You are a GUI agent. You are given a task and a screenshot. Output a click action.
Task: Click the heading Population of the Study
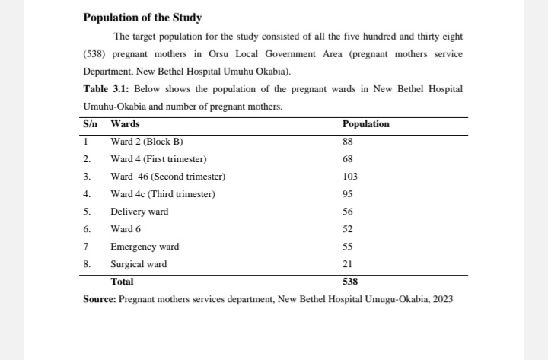click(142, 18)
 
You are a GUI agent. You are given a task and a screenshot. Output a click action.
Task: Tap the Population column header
click(365, 124)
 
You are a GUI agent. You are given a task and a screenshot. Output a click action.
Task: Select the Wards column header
click(125, 124)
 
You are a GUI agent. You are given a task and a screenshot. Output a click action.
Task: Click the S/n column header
click(91, 124)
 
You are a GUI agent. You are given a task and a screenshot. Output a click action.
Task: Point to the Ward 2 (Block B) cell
click(147, 142)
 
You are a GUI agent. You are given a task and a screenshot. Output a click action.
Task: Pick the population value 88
click(348, 142)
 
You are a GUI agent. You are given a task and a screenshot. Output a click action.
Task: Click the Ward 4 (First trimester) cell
click(158, 159)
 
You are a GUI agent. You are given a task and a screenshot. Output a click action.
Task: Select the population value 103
click(350, 177)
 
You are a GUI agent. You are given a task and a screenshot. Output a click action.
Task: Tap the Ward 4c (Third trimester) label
click(163, 194)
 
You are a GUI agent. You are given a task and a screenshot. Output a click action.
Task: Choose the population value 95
click(348, 194)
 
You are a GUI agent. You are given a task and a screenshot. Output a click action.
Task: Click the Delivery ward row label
click(139, 212)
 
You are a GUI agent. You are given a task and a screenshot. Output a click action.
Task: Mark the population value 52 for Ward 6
click(348, 229)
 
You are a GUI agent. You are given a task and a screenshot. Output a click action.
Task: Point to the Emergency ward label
click(145, 247)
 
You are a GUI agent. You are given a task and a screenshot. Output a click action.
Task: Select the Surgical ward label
click(139, 264)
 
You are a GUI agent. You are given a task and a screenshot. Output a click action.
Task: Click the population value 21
click(348, 264)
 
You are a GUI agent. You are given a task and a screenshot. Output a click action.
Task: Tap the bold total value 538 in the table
click(351, 282)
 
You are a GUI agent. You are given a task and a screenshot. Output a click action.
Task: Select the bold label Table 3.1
click(103, 89)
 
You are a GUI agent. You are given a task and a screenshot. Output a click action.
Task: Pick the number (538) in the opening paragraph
click(97, 55)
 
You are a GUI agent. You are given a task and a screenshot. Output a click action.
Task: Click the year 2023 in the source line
click(443, 299)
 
